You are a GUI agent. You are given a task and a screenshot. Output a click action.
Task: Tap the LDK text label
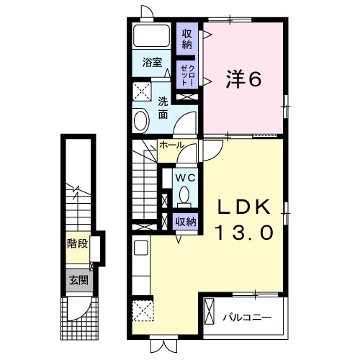(244, 208)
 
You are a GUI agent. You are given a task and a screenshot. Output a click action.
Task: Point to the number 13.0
(244, 233)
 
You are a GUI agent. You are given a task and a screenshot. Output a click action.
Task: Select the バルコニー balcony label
(246, 316)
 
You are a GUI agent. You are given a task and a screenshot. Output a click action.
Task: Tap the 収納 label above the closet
(187, 39)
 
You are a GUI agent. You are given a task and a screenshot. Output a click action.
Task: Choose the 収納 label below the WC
(186, 222)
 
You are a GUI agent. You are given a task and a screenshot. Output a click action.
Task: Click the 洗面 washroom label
(163, 107)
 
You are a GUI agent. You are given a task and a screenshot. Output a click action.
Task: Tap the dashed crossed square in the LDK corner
(143, 312)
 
